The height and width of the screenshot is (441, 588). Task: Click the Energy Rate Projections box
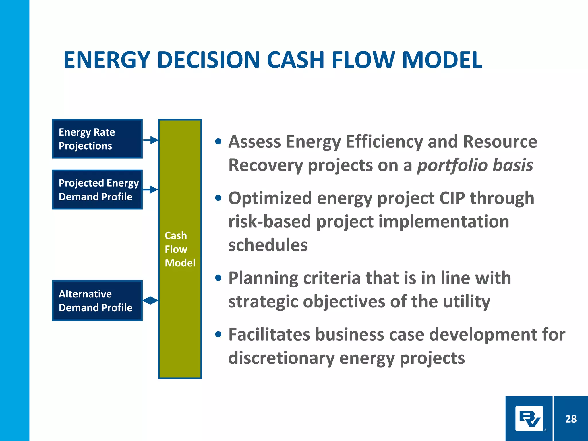point(97,139)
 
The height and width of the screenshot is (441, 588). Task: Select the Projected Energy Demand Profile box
point(97,189)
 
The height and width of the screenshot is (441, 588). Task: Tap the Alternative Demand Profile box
point(97,300)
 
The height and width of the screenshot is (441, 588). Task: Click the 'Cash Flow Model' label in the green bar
point(180,249)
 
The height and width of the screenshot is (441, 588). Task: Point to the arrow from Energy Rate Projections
point(151,140)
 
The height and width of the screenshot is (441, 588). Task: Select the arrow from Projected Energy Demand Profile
point(150,189)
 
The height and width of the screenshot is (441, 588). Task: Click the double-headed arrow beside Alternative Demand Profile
point(150,300)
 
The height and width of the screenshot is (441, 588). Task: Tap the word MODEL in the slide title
point(442,60)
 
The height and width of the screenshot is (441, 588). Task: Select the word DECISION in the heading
point(209,60)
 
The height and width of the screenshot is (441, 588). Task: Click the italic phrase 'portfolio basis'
point(475,166)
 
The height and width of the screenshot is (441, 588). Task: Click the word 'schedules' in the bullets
point(268,245)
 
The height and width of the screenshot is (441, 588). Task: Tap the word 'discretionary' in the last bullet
point(281,358)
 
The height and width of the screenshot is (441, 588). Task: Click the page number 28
point(571,419)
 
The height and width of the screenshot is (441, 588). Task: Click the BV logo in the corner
point(529,419)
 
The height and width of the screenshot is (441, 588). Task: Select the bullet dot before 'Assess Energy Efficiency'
point(218,142)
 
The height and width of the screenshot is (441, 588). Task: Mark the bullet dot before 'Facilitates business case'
point(218,334)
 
